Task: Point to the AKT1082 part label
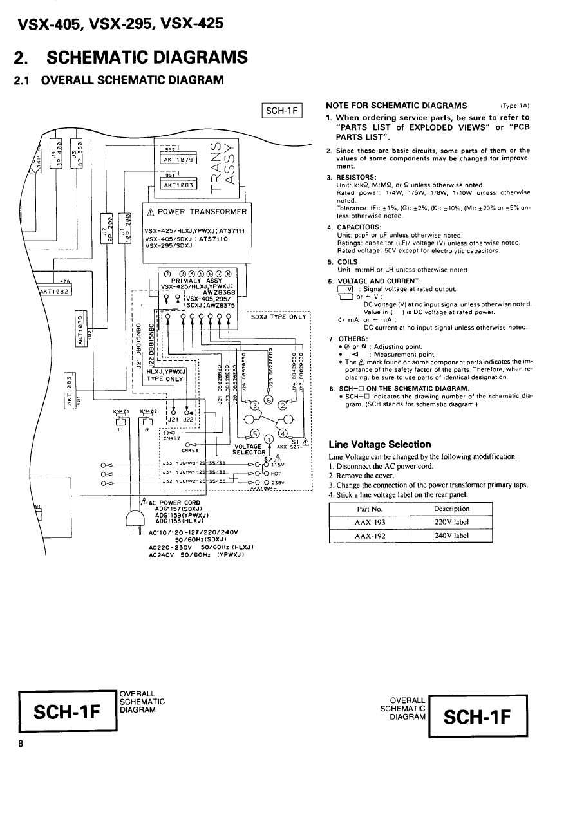click(49, 290)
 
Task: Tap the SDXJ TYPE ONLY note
click(278, 317)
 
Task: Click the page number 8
click(21, 744)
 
